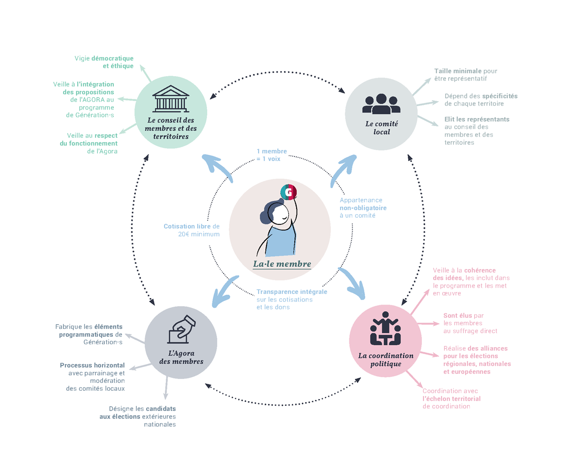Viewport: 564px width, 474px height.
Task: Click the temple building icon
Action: click(x=171, y=98)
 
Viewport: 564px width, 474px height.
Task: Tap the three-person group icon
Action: click(x=381, y=104)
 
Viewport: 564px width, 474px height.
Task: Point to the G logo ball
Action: click(x=289, y=192)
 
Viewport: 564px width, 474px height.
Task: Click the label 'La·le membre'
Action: click(x=282, y=264)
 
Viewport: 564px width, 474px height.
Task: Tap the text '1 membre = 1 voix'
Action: click(x=272, y=155)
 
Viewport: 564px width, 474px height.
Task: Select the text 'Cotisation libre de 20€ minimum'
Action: click(x=192, y=230)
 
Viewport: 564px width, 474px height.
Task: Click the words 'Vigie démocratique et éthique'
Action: click(x=104, y=62)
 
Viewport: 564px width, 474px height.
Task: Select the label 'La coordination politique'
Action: click(x=385, y=360)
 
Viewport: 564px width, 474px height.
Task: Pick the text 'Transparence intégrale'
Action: click(x=292, y=292)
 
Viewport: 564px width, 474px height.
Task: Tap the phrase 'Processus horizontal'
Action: click(x=93, y=365)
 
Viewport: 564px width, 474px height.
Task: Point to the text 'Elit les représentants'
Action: click(x=477, y=119)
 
